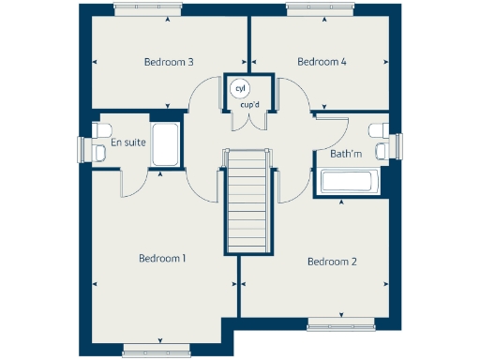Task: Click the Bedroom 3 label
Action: click(169, 63)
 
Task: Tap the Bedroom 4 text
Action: click(322, 62)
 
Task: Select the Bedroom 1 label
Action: click(162, 258)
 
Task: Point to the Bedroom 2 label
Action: click(332, 262)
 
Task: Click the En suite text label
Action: click(127, 143)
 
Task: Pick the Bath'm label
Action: click(346, 154)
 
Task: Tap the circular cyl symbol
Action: click(240, 88)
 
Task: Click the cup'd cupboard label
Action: click(250, 105)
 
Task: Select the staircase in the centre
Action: click(249, 202)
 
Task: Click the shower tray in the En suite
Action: click(165, 143)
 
